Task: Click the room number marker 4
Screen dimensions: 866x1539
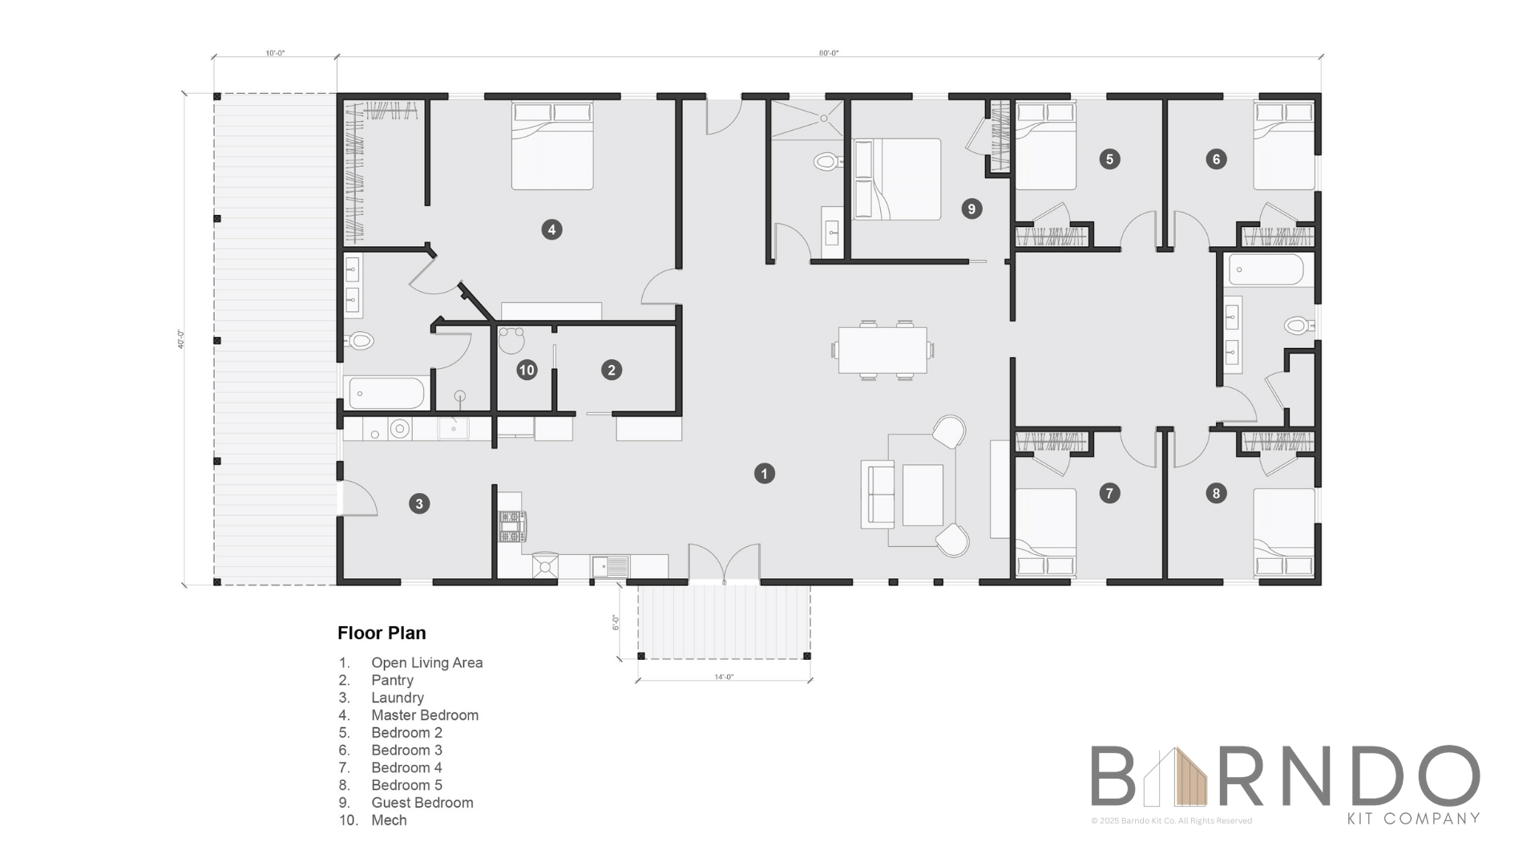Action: [x=551, y=230]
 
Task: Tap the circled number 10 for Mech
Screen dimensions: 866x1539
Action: [x=527, y=370]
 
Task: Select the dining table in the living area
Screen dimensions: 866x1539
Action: [x=883, y=350]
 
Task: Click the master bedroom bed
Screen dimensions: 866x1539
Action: [x=552, y=146]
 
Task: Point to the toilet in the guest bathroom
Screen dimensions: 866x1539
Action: [x=826, y=162]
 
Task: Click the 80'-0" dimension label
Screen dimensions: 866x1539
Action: [x=828, y=53]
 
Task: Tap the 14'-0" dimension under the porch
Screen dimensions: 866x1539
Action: [x=724, y=677]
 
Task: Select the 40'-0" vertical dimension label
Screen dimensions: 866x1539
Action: [x=181, y=339]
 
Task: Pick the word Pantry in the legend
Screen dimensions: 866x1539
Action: [x=392, y=680]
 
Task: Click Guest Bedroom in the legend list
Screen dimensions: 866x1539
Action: [x=422, y=803]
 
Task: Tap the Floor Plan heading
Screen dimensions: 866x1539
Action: [x=382, y=633]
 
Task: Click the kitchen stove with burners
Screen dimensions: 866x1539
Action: [x=511, y=527]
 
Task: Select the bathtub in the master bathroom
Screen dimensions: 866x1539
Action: [x=386, y=393]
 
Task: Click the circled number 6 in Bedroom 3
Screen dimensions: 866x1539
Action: [x=1216, y=159]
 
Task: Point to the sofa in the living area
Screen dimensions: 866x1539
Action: [x=878, y=494]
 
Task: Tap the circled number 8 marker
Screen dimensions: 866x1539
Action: [x=1216, y=493]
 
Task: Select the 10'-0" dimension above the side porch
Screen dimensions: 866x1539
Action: [x=275, y=53]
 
